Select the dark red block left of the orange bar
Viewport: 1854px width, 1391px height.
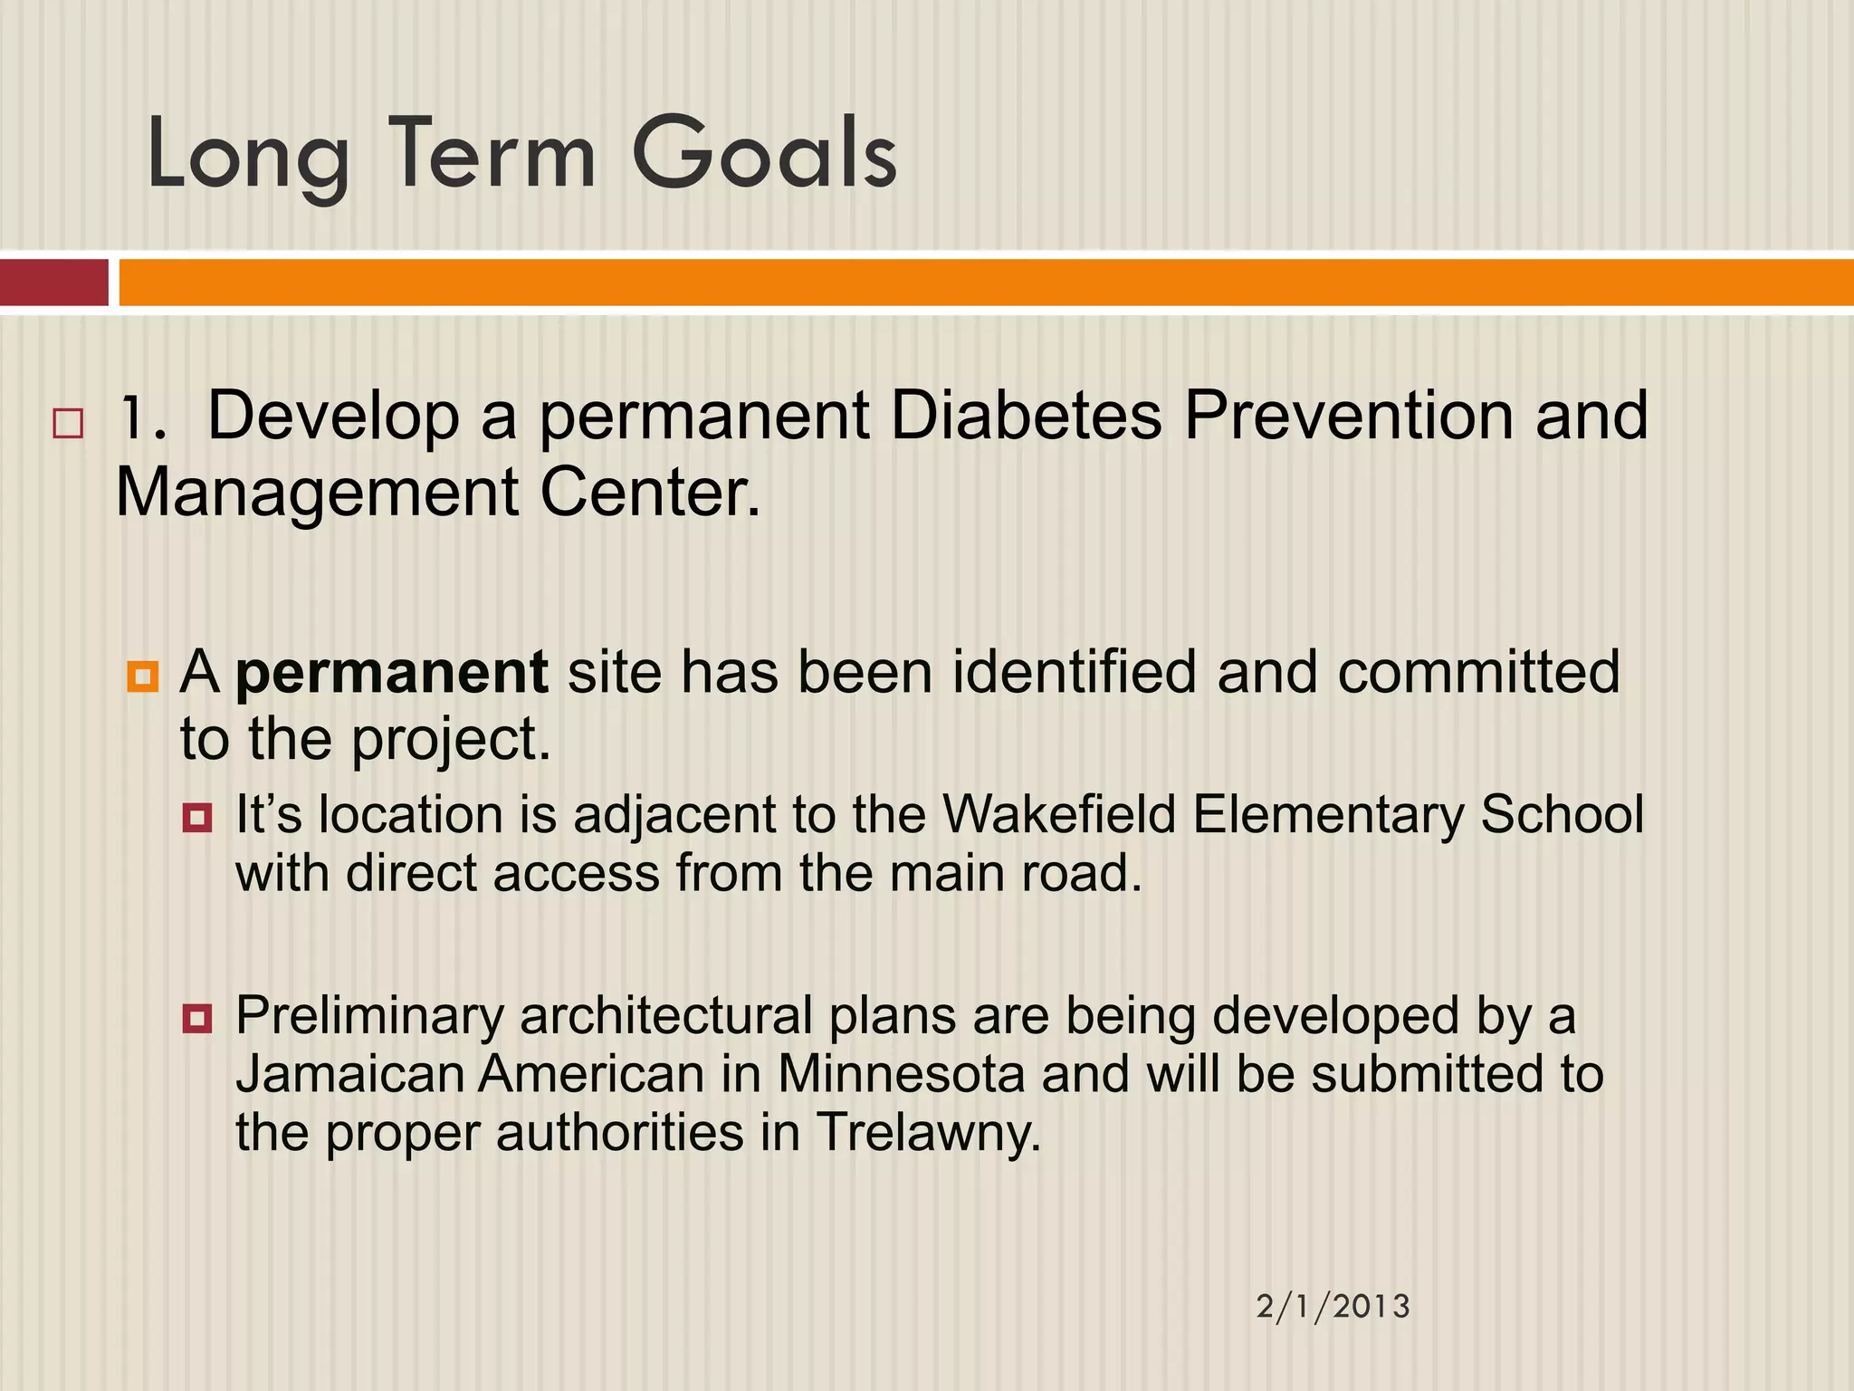[x=54, y=283]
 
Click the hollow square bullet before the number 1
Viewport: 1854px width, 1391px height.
[x=68, y=424]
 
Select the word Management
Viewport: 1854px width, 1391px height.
[x=318, y=494]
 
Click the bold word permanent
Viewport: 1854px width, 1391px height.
[x=391, y=672]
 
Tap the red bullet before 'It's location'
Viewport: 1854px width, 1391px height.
[x=197, y=819]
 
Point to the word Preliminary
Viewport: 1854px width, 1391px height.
[x=369, y=1015]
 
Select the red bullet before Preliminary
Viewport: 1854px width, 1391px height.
[x=197, y=1019]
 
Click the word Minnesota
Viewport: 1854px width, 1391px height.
[x=901, y=1074]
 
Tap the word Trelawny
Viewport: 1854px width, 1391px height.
[x=928, y=1133]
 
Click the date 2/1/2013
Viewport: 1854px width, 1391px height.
[x=1333, y=1306]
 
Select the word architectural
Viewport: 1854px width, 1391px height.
[x=665, y=1015]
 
